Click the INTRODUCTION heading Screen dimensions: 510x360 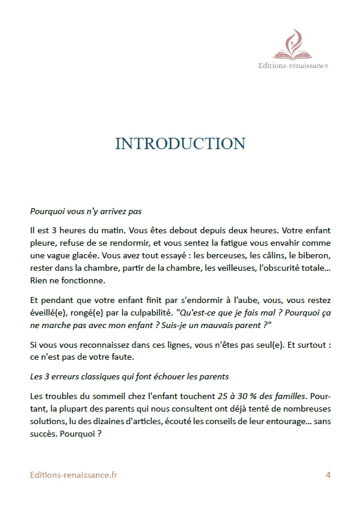point(180,144)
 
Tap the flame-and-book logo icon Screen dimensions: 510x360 point(293,45)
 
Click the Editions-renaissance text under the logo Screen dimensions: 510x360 point(293,66)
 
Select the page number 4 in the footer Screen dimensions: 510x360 point(328,475)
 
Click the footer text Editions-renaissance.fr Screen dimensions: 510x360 point(74,475)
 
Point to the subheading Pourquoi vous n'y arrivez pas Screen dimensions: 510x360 point(85,211)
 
